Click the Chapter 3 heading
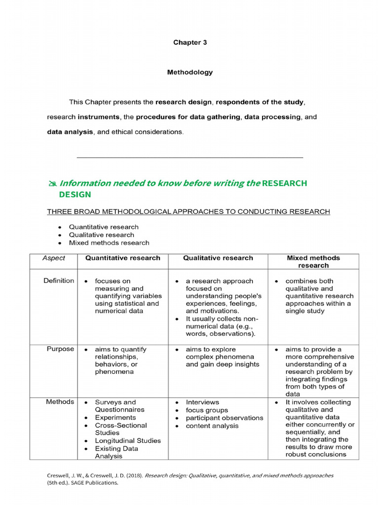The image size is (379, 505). tap(190, 42)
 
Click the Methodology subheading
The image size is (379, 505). tap(190, 72)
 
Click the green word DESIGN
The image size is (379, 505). tap(75, 194)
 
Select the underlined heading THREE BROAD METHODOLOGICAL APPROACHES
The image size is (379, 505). tap(189, 212)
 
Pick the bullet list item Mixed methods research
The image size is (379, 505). tap(109, 243)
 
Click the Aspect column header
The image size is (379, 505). tap(54, 258)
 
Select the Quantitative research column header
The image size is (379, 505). tap(123, 258)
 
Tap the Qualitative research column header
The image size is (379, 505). tap(218, 258)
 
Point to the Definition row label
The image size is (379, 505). tap(59, 281)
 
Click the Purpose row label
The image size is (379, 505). tap(60, 349)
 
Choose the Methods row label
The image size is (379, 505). tap(60, 402)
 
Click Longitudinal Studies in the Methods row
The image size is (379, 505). tap(128, 440)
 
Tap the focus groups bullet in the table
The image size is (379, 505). tap(207, 410)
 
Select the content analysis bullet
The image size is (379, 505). tap(212, 426)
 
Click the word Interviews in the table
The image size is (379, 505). tap(202, 402)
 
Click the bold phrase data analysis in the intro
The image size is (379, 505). tap(70, 132)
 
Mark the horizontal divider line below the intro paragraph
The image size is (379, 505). tap(190, 157)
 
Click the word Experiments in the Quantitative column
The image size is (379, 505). tap(116, 417)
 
